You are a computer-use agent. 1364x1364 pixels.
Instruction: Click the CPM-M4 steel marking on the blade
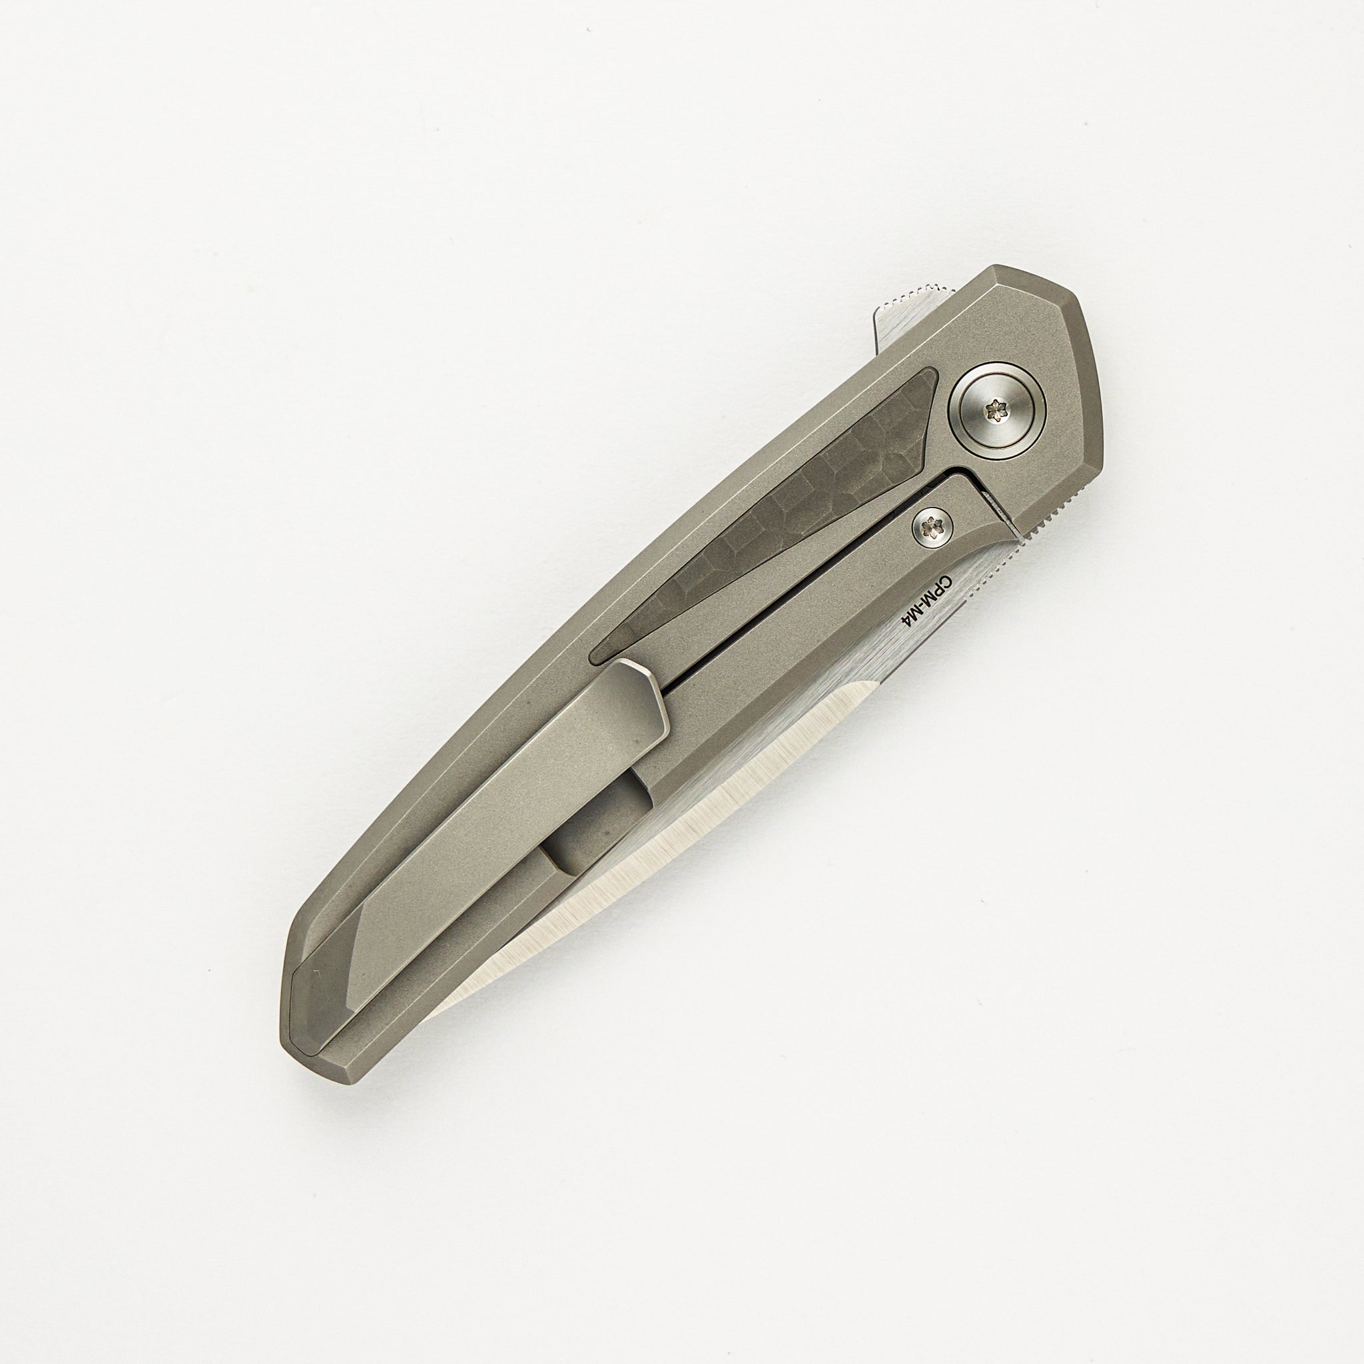924,603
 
